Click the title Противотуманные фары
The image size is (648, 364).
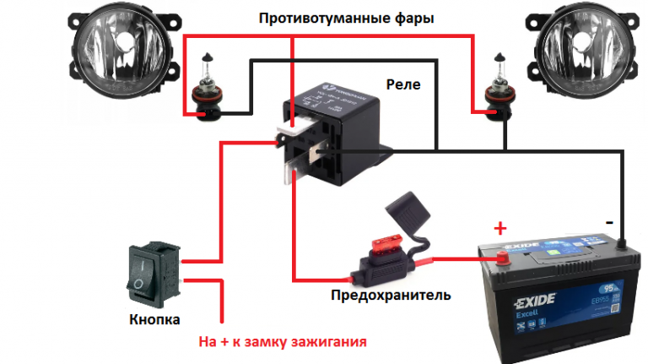click(347, 18)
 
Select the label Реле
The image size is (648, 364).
click(402, 84)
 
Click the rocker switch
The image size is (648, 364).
click(154, 272)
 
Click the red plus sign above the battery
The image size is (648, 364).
click(500, 227)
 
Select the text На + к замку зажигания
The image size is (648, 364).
click(283, 344)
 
